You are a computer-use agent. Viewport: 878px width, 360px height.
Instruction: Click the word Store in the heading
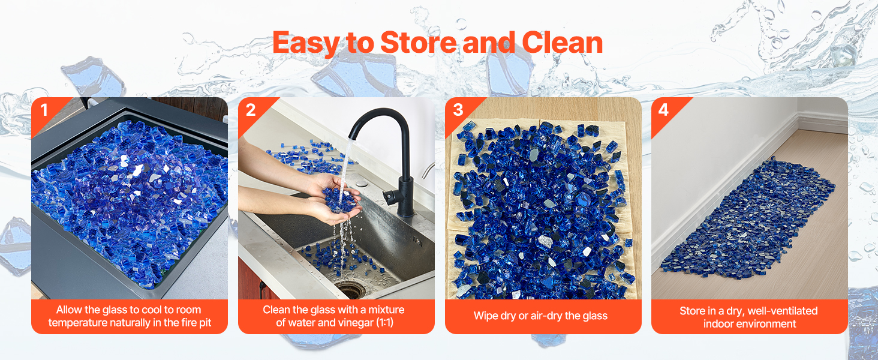[418, 43]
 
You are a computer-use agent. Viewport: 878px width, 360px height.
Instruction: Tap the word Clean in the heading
[563, 43]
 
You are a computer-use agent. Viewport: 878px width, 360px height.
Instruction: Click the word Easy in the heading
[306, 44]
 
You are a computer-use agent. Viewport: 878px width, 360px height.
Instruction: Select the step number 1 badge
[44, 110]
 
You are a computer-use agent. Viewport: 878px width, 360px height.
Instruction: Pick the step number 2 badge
[251, 110]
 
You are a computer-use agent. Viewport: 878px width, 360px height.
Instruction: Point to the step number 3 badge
[458, 110]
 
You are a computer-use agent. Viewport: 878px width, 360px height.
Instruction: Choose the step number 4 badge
[663, 110]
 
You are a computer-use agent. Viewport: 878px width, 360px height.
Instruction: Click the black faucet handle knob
[390, 196]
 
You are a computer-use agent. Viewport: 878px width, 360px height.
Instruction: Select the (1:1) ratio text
[384, 323]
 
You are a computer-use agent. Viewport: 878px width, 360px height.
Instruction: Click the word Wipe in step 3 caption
[485, 316]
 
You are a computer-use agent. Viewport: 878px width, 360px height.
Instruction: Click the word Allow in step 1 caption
[69, 310]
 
